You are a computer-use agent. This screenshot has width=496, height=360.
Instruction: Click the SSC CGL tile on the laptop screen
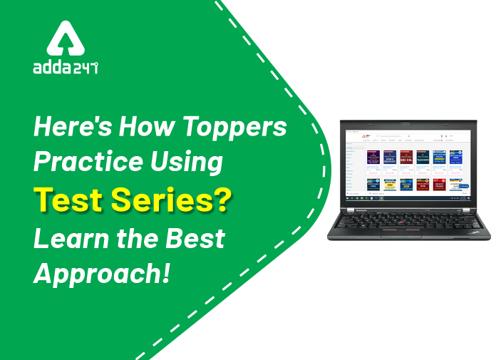pyautogui.click(x=406, y=157)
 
